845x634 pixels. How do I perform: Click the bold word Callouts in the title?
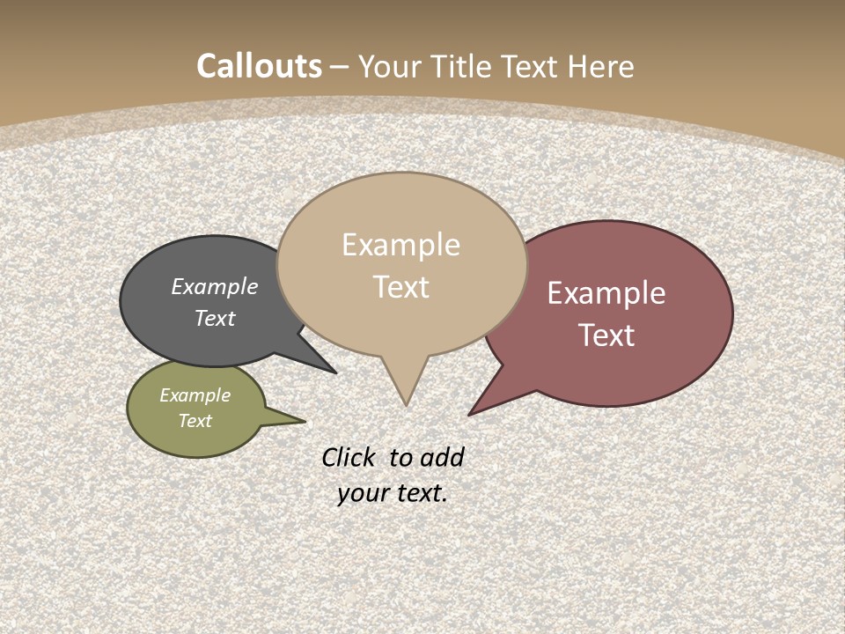pos(259,66)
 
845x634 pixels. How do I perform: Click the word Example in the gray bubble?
pos(215,286)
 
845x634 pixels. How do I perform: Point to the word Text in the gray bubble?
pos(215,318)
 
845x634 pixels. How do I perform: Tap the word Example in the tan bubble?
pos(400,245)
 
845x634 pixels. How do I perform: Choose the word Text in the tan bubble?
pos(401,287)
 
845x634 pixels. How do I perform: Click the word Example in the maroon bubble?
pos(606,293)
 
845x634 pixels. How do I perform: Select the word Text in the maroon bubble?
pos(607,335)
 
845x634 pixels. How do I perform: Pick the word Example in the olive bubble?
pos(195,395)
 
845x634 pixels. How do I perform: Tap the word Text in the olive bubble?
pos(195,421)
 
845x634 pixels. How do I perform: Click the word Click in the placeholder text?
pos(348,457)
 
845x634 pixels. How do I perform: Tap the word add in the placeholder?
pos(442,458)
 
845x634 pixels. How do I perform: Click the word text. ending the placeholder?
pos(421,493)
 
